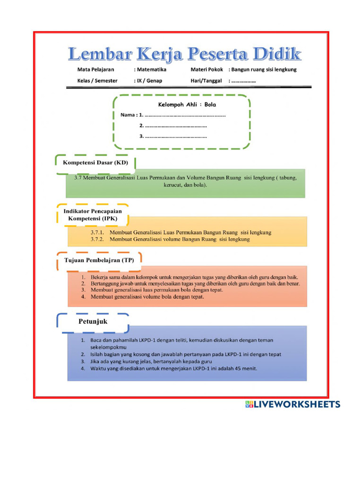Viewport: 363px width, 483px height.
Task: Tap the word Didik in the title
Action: tap(276, 54)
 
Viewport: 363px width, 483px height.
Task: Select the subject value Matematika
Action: tap(151, 69)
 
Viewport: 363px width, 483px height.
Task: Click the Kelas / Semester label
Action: tap(97, 81)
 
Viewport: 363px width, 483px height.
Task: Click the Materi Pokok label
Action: tap(207, 69)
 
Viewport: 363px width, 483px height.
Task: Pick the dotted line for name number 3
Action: tap(175, 137)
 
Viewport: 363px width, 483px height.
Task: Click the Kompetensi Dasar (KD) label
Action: tap(95, 163)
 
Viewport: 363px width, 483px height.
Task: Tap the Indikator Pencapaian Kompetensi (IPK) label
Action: tap(93, 216)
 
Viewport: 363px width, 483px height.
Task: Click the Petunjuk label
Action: tap(93, 322)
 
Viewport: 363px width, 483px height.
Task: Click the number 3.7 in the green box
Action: tap(78, 178)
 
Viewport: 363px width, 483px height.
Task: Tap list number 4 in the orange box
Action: tap(83, 297)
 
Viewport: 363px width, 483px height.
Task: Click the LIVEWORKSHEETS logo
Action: tap(292, 404)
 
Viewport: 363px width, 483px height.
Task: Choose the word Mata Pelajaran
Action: tap(95, 69)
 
